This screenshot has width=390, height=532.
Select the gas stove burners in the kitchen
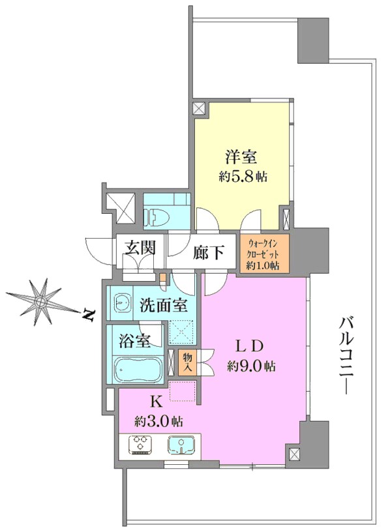140,445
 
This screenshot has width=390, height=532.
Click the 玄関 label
140,248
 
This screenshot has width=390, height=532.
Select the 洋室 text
241,157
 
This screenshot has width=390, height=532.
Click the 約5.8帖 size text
243,177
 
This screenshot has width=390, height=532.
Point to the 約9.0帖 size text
252,366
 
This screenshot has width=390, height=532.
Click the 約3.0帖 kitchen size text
158,421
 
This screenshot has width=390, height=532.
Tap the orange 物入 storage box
187,362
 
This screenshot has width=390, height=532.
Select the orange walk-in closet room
264,253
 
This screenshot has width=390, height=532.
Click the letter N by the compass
89,315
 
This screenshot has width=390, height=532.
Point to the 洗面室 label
164,305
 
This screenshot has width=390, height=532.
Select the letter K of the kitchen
156,402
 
